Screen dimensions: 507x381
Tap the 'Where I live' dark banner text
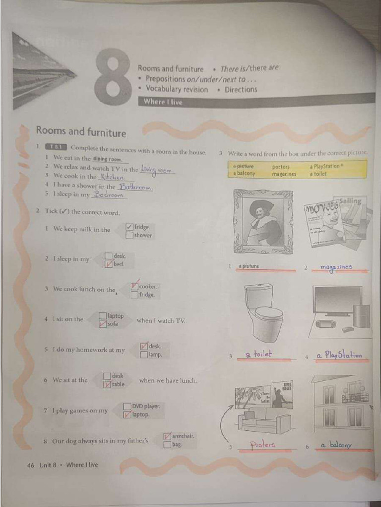click(x=163, y=102)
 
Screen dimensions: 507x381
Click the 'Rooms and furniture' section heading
click(x=81, y=132)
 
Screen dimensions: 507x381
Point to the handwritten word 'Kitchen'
click(x=112, y=177)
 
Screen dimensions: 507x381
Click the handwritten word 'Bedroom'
click(x=109, y=195)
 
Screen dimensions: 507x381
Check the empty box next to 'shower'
click(x=129, y=235)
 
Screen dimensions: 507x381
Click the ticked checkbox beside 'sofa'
click(x=103, y=324)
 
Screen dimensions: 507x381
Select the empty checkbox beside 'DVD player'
click(x=127, y=406)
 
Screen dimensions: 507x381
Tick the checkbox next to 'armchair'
click(x=167, y=436)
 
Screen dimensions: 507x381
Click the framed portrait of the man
click(x=263, y=222)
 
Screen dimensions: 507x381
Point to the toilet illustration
click(x=263, y=312)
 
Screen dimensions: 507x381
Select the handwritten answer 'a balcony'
click(x=336, y=445)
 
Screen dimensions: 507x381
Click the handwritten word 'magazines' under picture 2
click(x=336, y=267)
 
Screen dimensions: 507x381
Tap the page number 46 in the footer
click(x=31, y=465)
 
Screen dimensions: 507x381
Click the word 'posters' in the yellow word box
click(x=281, y=167)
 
